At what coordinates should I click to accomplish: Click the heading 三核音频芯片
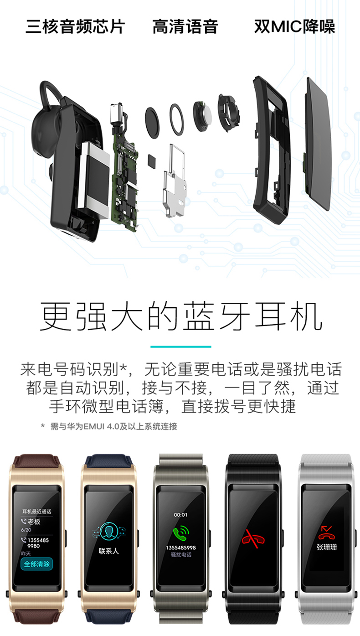click(75, 27)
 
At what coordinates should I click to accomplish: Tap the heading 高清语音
click(185, 27)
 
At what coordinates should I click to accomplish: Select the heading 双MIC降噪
click(294, 27)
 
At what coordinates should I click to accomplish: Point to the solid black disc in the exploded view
click(152, 123)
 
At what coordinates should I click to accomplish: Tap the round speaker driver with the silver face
click(202, 116)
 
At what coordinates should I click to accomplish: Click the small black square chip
click(152, 161)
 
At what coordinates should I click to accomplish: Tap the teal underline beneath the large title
click(181, 346)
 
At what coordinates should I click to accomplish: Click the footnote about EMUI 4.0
click(109, 426)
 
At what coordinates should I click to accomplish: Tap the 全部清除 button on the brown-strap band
click(36, 564)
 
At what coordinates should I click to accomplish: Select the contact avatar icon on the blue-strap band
click(108, 532)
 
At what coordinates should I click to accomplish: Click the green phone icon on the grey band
click(181, 533)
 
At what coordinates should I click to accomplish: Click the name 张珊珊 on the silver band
click(327, 547)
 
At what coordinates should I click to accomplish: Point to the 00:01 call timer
click(181, 514)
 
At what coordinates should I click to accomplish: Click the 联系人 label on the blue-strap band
click(108, 551)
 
